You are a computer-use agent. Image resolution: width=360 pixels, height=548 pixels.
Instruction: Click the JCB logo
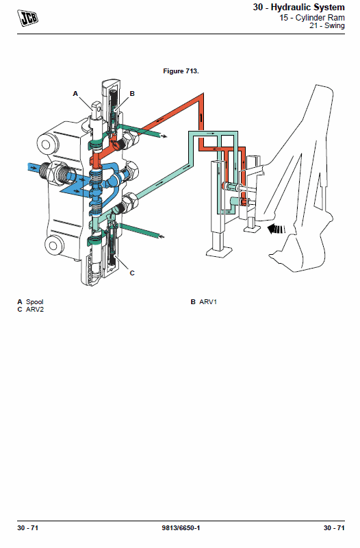click(27, 18)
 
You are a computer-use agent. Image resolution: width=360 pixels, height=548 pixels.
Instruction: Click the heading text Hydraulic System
click(307, 7)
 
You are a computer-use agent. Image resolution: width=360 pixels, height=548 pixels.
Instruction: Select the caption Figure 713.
click(181, 71)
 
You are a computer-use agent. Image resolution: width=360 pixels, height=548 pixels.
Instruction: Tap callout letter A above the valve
click(75, 93)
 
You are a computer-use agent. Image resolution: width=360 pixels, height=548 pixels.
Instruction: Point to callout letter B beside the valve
click(132, 93)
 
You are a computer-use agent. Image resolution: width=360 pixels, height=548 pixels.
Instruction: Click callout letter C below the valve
click(132, 273)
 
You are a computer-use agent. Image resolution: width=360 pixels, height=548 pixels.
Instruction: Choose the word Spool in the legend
click(35, 301)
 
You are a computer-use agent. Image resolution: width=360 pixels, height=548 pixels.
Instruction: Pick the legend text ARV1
click(208, 301)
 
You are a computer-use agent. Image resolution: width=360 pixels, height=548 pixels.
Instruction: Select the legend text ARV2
click(35, 310)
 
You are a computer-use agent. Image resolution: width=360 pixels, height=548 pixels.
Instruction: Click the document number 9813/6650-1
click(181, 527)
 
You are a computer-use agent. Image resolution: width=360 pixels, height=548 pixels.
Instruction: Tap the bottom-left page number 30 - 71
click(27, 527)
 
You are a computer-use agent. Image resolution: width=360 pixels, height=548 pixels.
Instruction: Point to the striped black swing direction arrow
click(276, 229)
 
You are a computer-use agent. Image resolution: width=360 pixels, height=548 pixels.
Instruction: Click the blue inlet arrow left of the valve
click(32, 168)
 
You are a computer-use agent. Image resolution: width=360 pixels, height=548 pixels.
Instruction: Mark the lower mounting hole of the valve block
click(53, 245)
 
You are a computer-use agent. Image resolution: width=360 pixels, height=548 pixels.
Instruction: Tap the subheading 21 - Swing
click(327, 25)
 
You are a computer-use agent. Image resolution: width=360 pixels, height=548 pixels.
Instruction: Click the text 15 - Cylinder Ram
click(312, 18)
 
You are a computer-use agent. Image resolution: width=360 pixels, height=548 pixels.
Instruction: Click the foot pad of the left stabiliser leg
click(218, 252)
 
